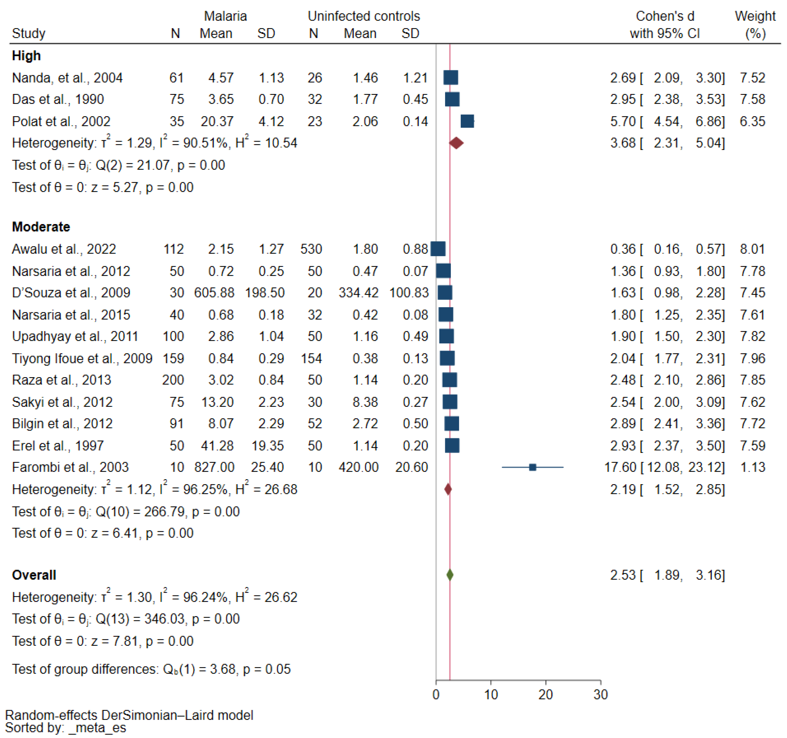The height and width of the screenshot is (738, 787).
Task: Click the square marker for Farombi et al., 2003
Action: [533, 467]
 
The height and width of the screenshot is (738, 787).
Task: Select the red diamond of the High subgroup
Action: [456, 143]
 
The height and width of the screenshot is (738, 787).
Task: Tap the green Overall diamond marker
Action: [450, 575]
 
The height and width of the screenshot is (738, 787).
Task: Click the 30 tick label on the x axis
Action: [601, 695]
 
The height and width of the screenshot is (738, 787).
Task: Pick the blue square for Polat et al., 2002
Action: [467, 121]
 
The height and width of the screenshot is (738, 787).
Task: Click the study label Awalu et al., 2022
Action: [64, 249]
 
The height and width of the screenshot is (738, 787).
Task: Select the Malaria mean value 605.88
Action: [214, 293]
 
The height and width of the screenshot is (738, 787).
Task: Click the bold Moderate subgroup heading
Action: [41, 227]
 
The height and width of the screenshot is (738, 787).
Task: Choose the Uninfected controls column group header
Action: [363, 16]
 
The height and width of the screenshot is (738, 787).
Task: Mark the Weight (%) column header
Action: [755, 25]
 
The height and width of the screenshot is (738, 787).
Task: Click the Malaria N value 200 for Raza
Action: [173, 380]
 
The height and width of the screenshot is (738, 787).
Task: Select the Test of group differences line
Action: [151, 669]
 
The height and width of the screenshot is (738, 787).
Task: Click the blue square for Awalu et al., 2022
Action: [438, 249]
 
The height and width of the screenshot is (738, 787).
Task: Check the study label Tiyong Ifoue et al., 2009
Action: [82, 358]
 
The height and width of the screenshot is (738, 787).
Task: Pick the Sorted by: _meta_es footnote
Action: [66, 728]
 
